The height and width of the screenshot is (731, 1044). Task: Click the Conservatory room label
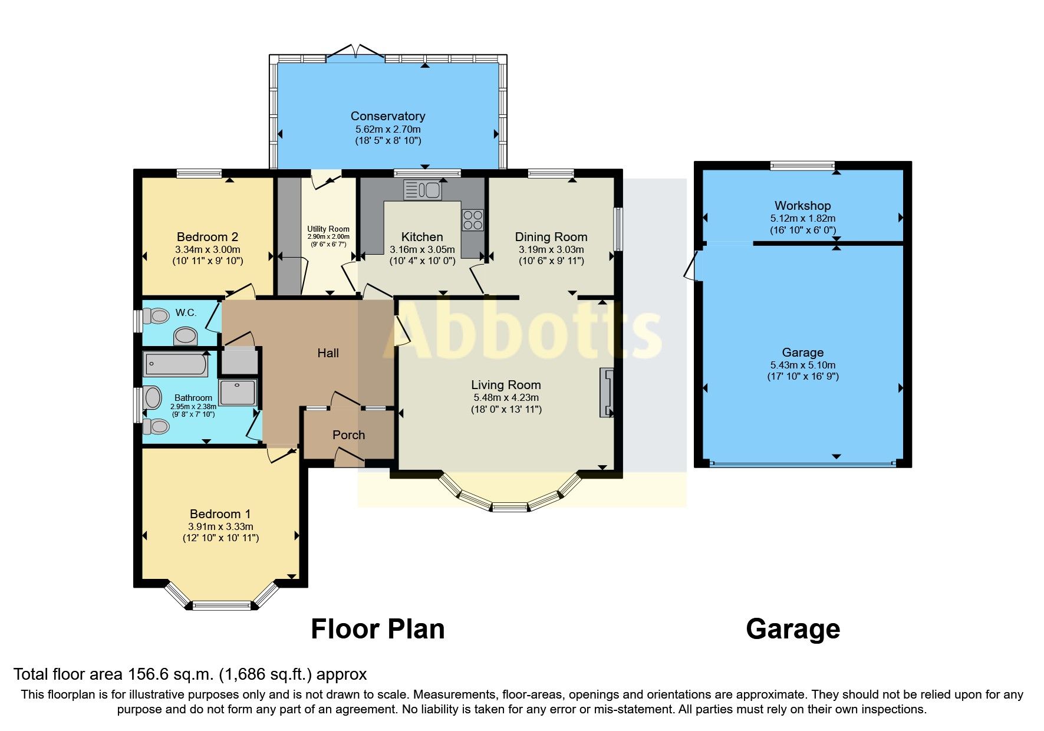point(387,116)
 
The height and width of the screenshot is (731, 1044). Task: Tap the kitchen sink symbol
point(422,190)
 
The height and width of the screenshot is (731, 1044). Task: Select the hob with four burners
point(472,220)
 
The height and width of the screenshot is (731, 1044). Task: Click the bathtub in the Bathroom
point(175,365)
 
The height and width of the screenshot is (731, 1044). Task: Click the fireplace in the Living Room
point(607,393)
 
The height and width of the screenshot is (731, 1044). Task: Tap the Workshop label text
point(802,206)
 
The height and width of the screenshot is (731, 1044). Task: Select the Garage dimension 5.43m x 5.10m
point(802,365)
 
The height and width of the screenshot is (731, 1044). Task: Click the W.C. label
point(186,313)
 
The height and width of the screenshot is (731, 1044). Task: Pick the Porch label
point(348,435)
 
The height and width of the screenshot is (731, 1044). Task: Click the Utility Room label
point(328,229)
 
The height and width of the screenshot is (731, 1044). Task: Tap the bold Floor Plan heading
point(377,629)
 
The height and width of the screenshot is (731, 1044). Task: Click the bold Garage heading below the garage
point(792,629)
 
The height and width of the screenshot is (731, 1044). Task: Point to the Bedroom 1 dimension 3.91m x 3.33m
point(220,526)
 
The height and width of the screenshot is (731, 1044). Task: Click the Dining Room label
point(551,237)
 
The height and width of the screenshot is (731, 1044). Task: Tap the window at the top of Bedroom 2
point(199,173)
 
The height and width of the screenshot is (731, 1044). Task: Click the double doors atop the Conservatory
point(355,54)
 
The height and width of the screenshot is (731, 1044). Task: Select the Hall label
point(328,353)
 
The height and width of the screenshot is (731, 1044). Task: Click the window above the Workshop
point(802,166)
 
